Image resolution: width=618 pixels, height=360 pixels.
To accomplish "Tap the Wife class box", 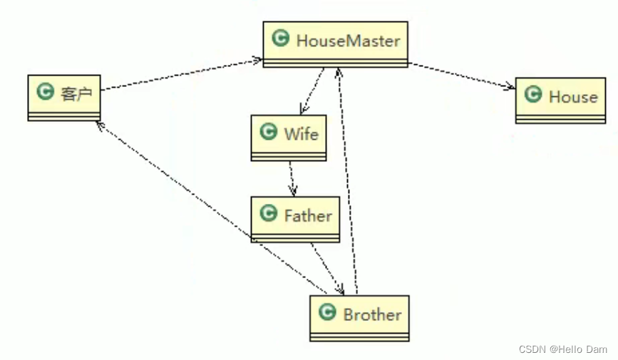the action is [289, 137].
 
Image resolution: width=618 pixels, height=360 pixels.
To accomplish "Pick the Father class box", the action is [294, 219].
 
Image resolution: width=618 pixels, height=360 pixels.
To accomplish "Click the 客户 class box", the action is [64, 96].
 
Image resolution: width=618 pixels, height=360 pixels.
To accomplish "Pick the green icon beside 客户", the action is [46, 91].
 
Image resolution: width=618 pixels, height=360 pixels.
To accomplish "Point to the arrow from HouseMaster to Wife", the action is [313, 91].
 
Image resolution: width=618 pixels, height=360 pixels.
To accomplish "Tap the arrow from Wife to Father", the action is [292, 178].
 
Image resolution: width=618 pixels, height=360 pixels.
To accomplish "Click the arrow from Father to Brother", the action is [326, 268].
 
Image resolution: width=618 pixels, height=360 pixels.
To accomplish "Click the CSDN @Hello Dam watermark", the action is [562, 349].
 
